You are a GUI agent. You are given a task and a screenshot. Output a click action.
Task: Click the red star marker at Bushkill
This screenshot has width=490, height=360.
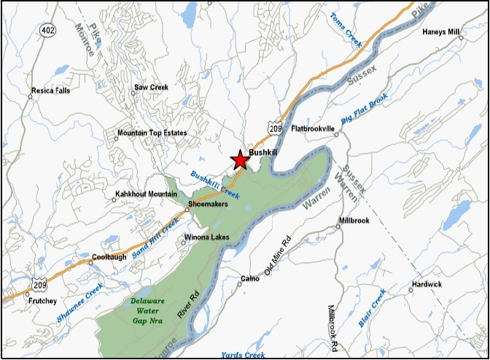click(240, 159)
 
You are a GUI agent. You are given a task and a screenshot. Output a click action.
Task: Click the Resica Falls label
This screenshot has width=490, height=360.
click(51, 93)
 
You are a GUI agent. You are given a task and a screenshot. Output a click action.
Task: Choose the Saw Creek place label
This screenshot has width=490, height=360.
click(151, 88)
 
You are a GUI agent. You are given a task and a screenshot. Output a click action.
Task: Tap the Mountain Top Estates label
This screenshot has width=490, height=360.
click(152, 133)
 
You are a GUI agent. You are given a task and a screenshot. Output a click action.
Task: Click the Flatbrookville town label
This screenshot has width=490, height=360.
click(311, 128)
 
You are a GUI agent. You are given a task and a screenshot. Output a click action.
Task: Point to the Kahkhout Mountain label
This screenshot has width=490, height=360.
click(146, 195)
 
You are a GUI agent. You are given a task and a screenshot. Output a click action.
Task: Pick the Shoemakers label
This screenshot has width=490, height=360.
click(209, 204)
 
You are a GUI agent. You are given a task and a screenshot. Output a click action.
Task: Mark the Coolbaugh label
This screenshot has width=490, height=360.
click(110, 258)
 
